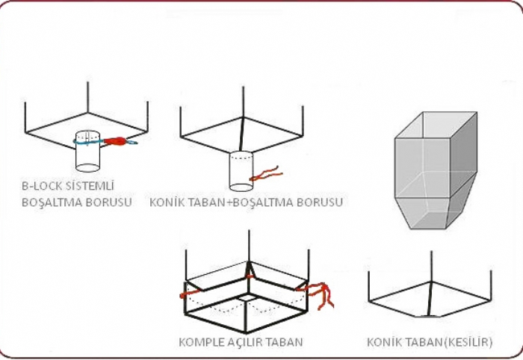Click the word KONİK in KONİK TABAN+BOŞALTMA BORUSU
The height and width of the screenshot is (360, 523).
(165, 202)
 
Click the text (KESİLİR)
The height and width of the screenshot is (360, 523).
(468, 342)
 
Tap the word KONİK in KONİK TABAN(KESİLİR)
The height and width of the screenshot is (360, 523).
(383, 342)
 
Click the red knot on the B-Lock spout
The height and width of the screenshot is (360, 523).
(115, 141)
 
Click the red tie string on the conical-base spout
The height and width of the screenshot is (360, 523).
(266, 174)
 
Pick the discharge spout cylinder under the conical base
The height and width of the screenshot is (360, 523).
(241, 171)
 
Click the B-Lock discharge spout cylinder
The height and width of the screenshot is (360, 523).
(87, 152)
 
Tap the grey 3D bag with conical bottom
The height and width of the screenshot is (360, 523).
(436, 170)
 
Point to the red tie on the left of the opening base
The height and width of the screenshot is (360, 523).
(190, 294)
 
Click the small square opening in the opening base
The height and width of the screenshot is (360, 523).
(247, 297)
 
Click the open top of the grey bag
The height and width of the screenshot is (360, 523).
(436, 125)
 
